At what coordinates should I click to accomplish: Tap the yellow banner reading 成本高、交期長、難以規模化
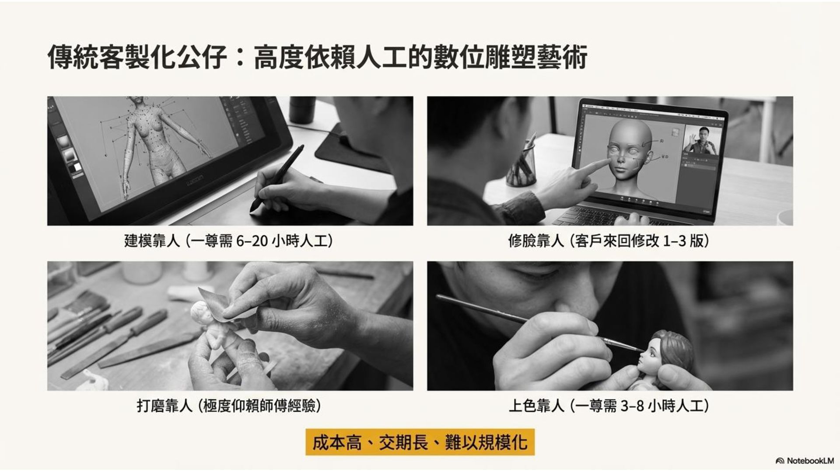pyautogui.click(x=420, y=442)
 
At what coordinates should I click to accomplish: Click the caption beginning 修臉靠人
pyautogui.click(x=609, y=241)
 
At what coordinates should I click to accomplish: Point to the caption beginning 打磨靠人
pyautogui.click(x=229, y=406)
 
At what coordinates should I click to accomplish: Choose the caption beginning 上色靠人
pyautogui.click(x=609, y=406)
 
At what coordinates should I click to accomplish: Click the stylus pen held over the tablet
pyautogui.click(x=277, y=179)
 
